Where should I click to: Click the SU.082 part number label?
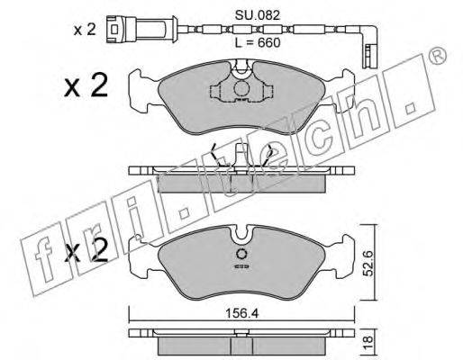click(258, 15)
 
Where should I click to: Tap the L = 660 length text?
click(258, 43)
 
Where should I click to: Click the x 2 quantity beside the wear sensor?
click(85, 30)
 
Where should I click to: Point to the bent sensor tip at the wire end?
click(371, 54)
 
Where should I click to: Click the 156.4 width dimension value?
click(242, 314)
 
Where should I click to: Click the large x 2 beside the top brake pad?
click(86, 85)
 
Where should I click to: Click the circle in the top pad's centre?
click(241, 89)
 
